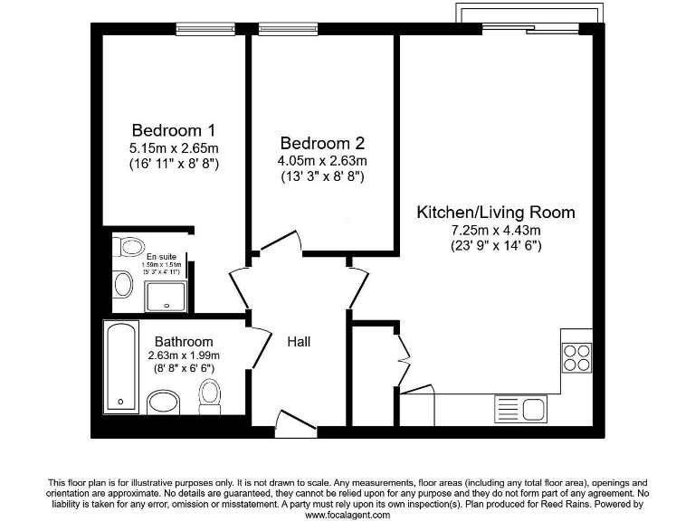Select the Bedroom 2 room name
322,143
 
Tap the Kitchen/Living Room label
495,213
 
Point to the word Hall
299,342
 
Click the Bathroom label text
184,342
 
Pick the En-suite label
163,256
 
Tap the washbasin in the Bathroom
164,402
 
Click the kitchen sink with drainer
519,409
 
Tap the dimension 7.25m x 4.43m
495,230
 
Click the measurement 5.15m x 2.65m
173,147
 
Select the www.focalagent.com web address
347,515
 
